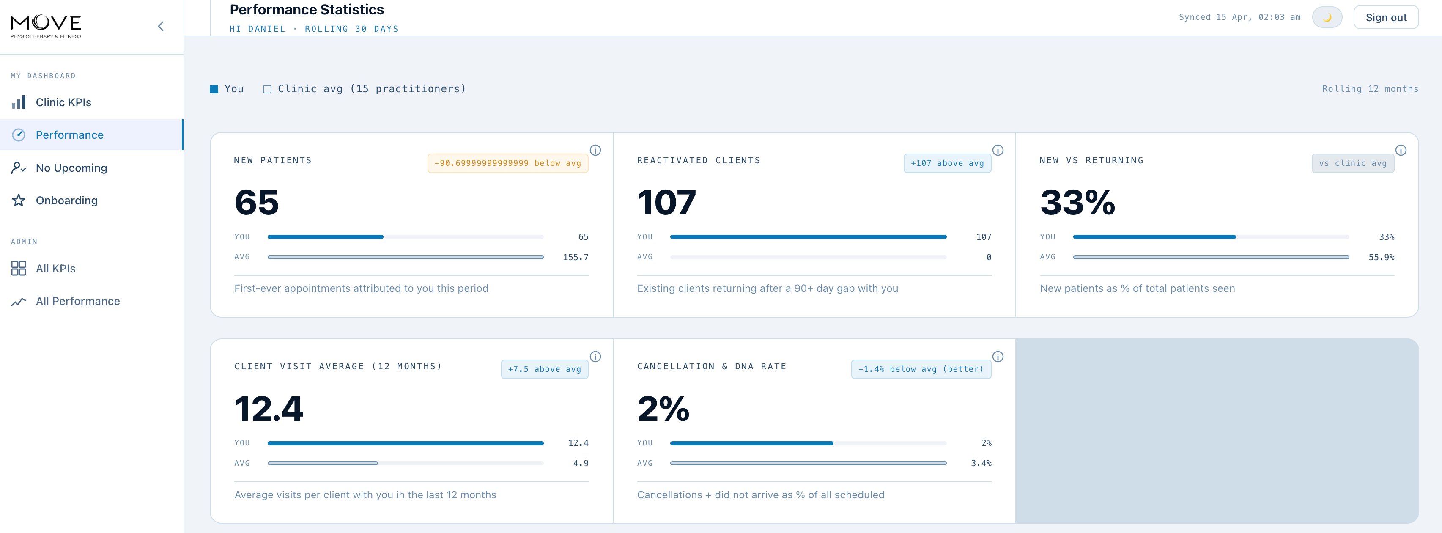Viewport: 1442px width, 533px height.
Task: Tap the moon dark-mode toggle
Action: point(1327,17)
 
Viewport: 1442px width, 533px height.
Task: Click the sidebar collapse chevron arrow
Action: point(161,26)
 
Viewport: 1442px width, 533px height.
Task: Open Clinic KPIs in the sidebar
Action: point(63,102)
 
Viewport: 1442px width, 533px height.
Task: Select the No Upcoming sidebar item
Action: point(71,168)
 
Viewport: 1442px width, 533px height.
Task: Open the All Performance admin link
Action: point(77,301)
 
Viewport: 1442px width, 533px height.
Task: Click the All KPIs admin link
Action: point(55,269)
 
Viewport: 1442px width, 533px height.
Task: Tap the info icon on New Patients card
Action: point(595,150)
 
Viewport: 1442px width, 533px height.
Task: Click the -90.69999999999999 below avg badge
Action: point(508,163)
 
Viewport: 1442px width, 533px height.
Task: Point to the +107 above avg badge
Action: point(947,163)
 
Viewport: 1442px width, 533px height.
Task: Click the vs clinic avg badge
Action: point(1352,163)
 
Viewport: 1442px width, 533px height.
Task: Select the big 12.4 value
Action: point(269,409)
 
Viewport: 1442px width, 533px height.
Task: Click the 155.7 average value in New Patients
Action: point(576,258)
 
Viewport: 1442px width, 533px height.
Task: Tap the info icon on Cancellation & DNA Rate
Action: point(998,357)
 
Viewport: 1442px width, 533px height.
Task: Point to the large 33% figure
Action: point(1077,202)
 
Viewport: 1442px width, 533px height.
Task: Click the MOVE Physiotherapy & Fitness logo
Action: point(46,26)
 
